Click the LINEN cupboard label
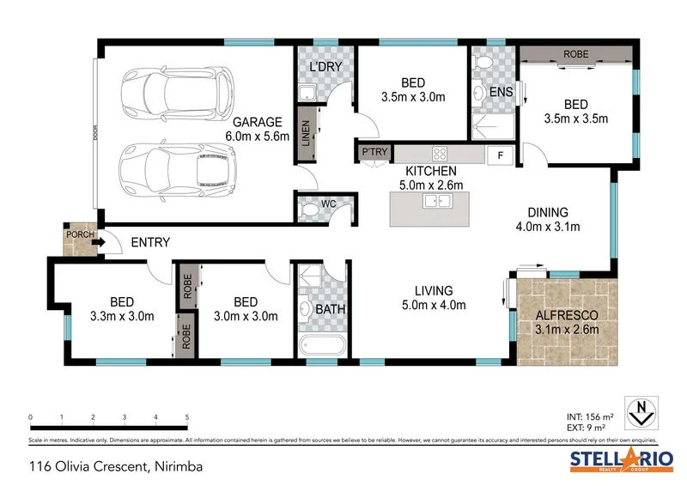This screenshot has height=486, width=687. (x=306, y=133)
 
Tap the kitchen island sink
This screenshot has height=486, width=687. (x=438, y=202)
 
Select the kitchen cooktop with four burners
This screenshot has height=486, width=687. (x=440, y=155)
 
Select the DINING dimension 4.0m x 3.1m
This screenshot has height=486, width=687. (x=548, y=228)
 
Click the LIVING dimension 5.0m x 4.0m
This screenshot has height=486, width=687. (x=433, y=305)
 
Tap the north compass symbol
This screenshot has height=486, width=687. (x=638, y=412)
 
